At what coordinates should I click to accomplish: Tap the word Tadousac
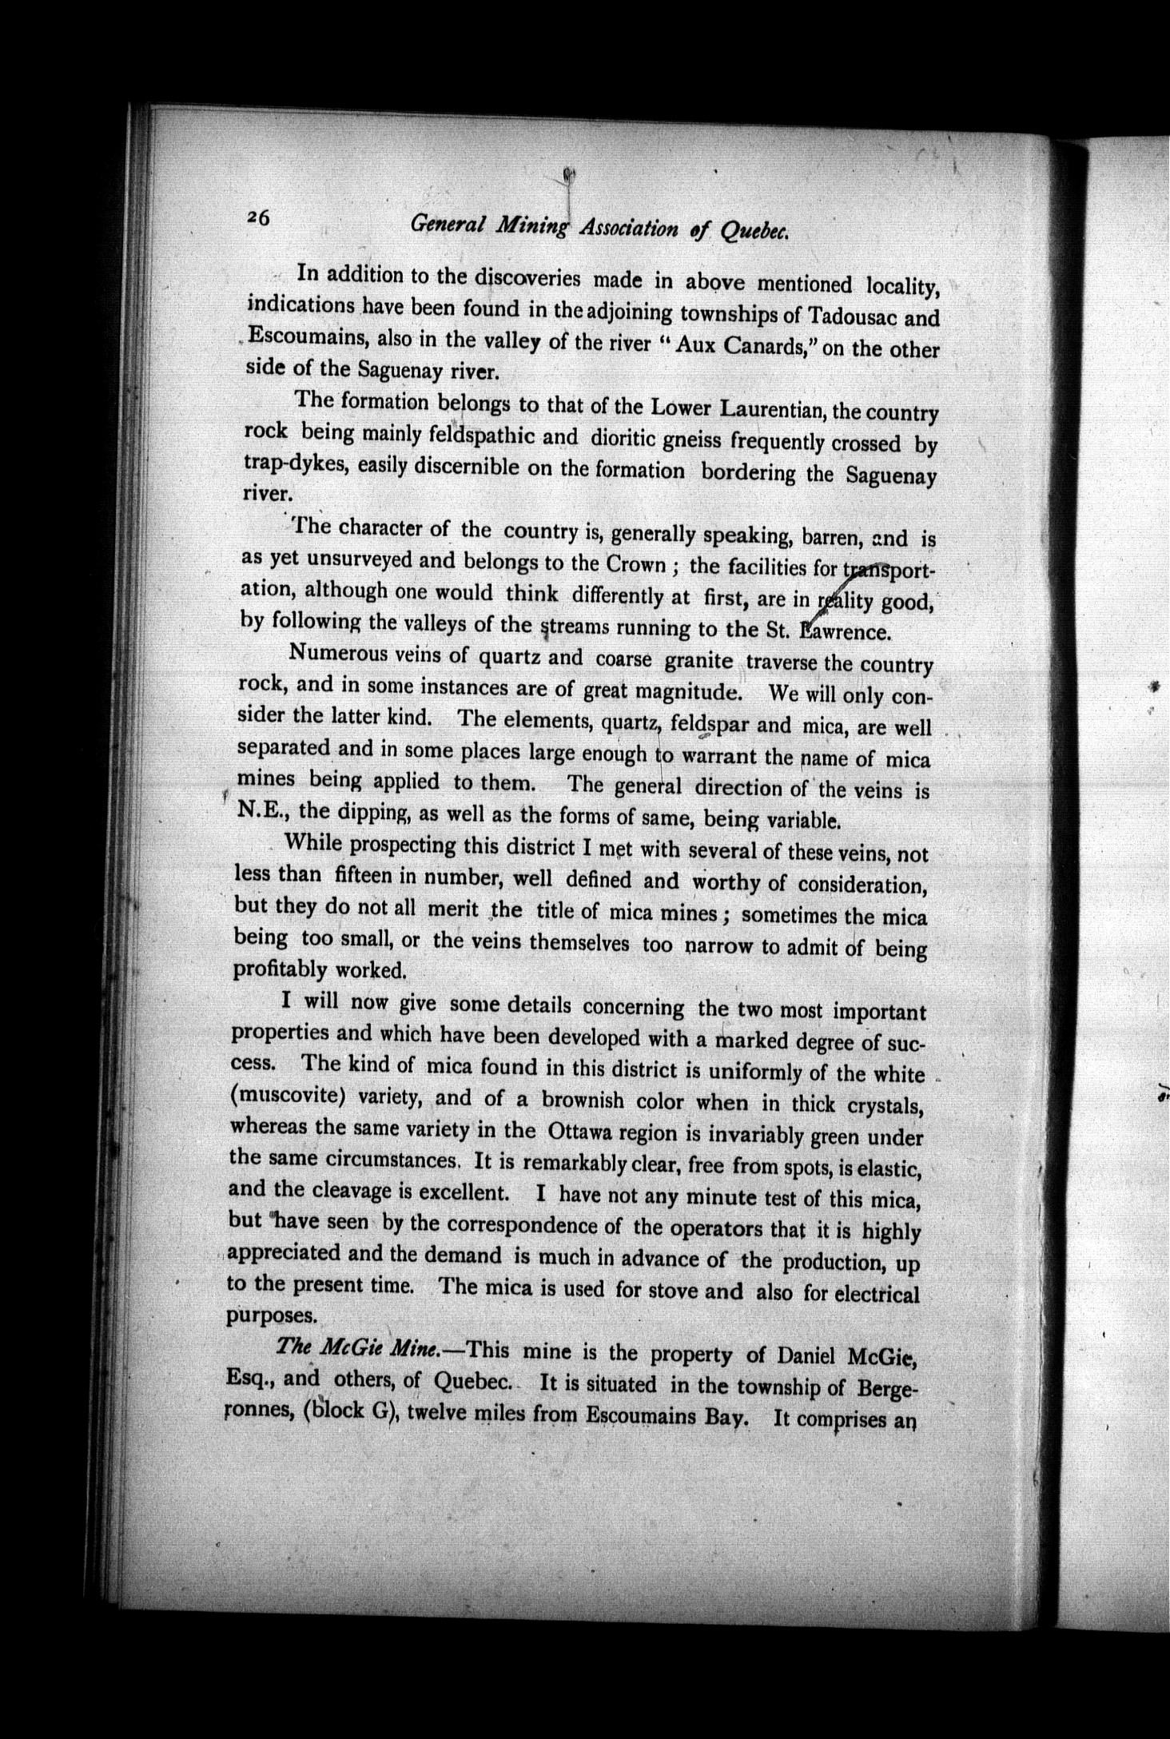point(850,316)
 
